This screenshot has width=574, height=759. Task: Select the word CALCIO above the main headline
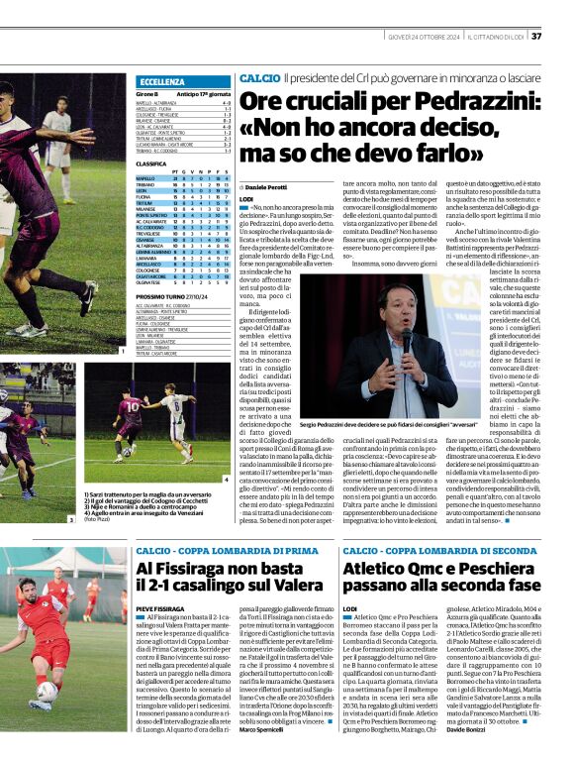coord(259,77)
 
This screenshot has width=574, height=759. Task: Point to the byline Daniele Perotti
coord(266,186)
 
